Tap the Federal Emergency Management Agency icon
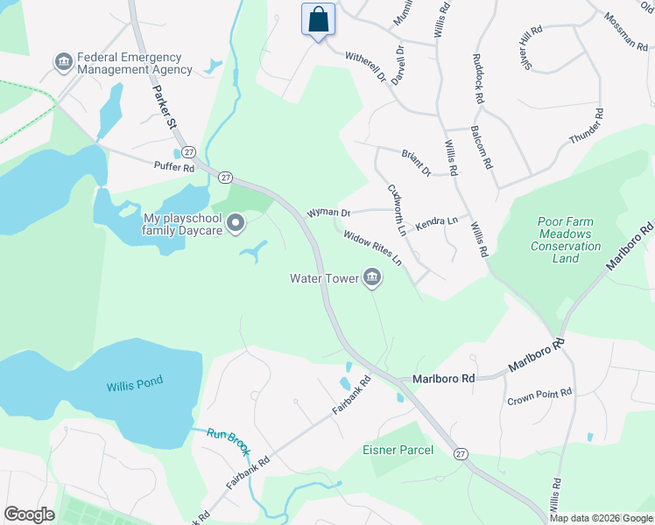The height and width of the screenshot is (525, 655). pyautogui.click(x=63, y=61)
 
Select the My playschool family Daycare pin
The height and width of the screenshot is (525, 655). pyautogui.click(x=236, y=225)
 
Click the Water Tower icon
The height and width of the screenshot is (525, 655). pyautogui.click(x=372, y=279)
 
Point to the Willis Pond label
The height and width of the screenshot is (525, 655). pyautogui.click(x=135, y=384)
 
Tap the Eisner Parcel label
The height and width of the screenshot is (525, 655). pyautogui.click(x=398, y=451)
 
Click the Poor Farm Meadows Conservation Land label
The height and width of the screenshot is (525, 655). pyautogui.click(x=566, y=241)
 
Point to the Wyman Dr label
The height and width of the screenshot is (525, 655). pyautogui.click(x=328, y=213)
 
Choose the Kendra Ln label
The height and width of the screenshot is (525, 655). pyautogui.click(x=436, y=221)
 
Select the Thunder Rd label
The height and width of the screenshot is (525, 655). pyautogui.click(x=587, y=127)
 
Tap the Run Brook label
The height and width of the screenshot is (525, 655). pyautogui.click(x=229, y=443)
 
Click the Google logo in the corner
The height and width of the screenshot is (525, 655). pyautogui.click(x=29, y=514)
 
